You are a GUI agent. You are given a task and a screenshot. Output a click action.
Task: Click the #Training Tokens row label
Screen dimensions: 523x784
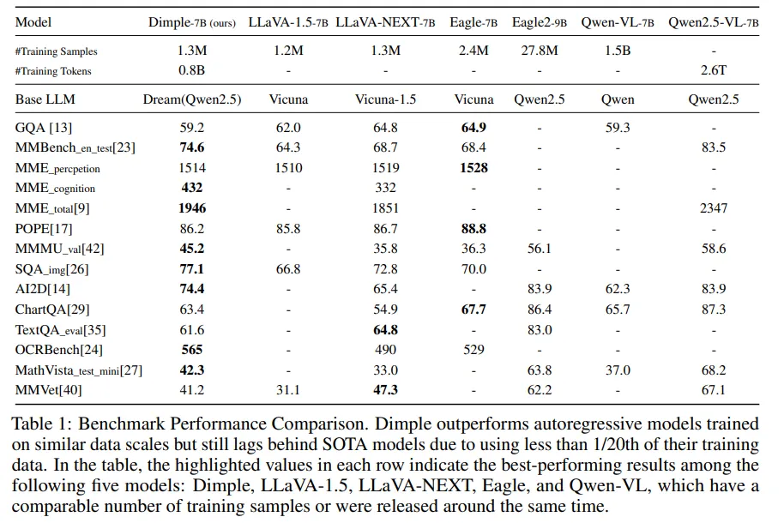tap(53, 71)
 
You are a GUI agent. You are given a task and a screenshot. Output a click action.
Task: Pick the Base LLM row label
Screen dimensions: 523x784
tap(45, 99)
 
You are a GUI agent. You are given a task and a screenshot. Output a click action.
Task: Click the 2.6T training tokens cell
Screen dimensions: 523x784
tap(713, 71)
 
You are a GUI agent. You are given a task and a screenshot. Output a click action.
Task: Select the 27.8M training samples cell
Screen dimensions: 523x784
tap(540, 51)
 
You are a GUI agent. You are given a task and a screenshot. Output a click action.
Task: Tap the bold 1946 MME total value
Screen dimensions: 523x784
tap(192, 208)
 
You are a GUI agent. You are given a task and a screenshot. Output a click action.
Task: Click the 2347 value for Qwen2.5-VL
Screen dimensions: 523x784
tap(713, 208)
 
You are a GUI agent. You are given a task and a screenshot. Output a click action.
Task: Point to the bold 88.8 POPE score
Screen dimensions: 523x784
tap(473, 229)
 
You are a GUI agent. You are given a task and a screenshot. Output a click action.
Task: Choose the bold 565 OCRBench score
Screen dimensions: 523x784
tap(192, 350)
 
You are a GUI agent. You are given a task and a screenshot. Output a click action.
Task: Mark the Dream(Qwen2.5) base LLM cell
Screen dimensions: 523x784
tap(192, 99)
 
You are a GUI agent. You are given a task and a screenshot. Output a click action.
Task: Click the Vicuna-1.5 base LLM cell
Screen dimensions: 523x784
tap(386, 99)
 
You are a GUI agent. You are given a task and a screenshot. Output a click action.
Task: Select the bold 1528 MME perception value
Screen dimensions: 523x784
tap(473, 168)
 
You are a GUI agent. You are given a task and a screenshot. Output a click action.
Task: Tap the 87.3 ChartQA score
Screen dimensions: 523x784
tap(713, 310)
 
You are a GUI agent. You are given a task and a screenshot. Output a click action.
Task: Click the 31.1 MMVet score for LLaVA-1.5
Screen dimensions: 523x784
tap(288, 390)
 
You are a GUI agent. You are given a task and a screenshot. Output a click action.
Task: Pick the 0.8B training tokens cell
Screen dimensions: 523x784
tap(192, 71)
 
